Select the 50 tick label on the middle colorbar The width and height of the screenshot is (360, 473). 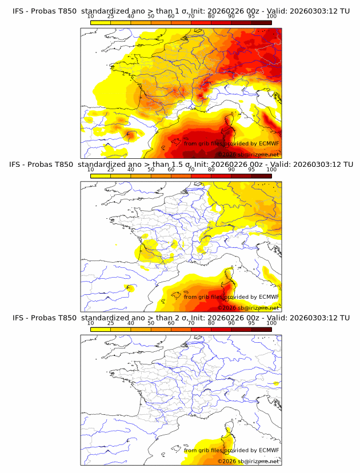click(x=151, y=170)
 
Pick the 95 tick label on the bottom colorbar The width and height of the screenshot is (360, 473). click(x=251, y=323)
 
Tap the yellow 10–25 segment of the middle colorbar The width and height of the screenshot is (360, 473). click(x=101, y=176)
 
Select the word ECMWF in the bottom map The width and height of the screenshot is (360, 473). click(x=268, y=450)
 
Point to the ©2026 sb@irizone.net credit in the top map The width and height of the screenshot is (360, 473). click(x=249, y=154)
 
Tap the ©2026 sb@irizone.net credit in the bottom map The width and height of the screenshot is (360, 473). click(x=249, y=461)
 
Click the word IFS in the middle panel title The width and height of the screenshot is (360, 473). click(x=19, y=165)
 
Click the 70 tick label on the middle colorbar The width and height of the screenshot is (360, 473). click(x=191, y=170)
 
